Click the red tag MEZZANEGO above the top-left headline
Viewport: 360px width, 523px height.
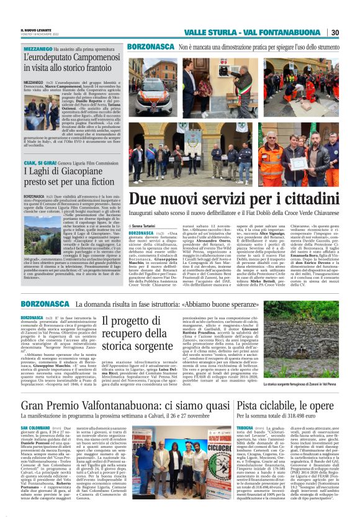(x=38, y=48)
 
